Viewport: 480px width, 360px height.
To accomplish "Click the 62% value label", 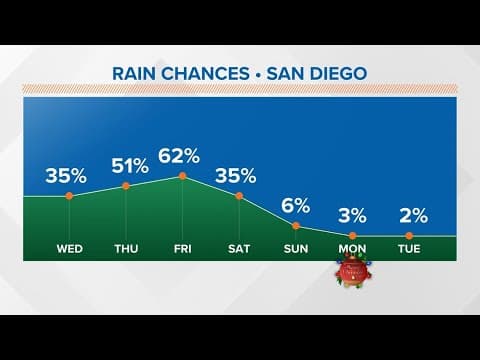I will click(x=182, y=155).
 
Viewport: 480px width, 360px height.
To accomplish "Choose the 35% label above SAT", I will click(x=238, y=176).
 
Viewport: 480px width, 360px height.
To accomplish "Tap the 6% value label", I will click(x=296, y=206).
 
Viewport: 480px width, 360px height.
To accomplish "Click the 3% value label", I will click(x=352, y=215).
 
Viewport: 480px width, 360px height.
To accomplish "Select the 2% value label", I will click(x=409, y=215).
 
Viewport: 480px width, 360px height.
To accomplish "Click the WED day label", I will click(x=69, y=247).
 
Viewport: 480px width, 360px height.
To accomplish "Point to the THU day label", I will click(x=126, y=247).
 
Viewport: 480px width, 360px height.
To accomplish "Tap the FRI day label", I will click(x=182, y=247).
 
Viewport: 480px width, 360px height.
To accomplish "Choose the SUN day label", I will click(x=296, y=247).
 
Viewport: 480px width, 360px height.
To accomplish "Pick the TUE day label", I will click(x=409, y=247).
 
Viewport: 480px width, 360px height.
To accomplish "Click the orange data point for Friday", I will click(x=182, y=176).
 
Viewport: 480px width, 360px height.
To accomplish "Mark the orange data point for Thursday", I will click(x=126, y=186).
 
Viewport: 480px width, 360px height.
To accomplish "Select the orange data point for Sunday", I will click(x=296, y=226).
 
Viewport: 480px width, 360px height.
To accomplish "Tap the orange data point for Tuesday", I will click(x=409, y=235).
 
